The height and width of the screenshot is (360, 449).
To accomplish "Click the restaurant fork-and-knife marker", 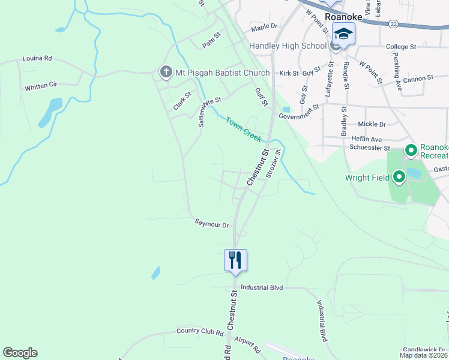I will pyautogui.click(x=235, y=260).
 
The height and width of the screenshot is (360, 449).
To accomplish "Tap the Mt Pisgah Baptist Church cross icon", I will pyautogui.click(x=166, y=73).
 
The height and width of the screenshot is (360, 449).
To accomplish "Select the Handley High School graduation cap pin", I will pyautogui.click(x=344, y=35).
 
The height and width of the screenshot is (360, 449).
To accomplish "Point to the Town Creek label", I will pyautogui.click(x=244, y=129).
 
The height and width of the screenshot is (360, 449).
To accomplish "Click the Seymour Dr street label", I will pyautogui.click(x=212, y=225).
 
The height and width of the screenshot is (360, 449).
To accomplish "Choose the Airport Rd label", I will pyautogui.click(x=247, y=345).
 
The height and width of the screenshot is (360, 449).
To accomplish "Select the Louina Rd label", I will pyautogui.click(x=37, y=59).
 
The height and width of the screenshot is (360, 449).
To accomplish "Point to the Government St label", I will pyautogui.click(x=298, y=112).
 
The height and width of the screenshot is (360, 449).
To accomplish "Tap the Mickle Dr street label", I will pyautogui.click(x=372, y=124).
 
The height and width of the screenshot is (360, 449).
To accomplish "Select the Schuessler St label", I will pyautogui.click(x=370, y=148).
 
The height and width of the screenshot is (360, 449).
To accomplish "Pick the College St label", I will pyautogui.click(x=401, y=47).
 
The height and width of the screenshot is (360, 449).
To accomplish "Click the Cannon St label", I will pyautogui.click(x=418, y=78).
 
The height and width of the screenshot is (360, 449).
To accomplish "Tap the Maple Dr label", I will pyautogui.click(x=264, y=27).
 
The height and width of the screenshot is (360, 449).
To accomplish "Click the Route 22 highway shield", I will pyautogui.click(x=394, y=23).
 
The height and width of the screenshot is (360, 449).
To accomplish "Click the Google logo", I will pyautogui.click(x=20, y=353).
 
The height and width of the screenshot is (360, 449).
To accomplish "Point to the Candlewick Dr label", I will pyautogui.click(x=424, y=349).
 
